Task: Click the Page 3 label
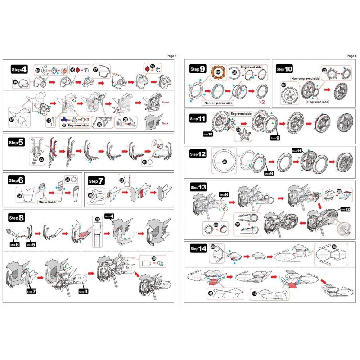pos(171,56)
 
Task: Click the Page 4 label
pos(351,56)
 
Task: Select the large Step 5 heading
pos(16,142)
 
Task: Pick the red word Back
pos(165,122)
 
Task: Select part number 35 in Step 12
pos(225,160)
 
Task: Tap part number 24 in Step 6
pos(18,196)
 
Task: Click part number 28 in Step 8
pos(97,220)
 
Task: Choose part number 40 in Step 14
pos(334,247)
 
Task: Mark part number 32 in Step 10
pos(283,85)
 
